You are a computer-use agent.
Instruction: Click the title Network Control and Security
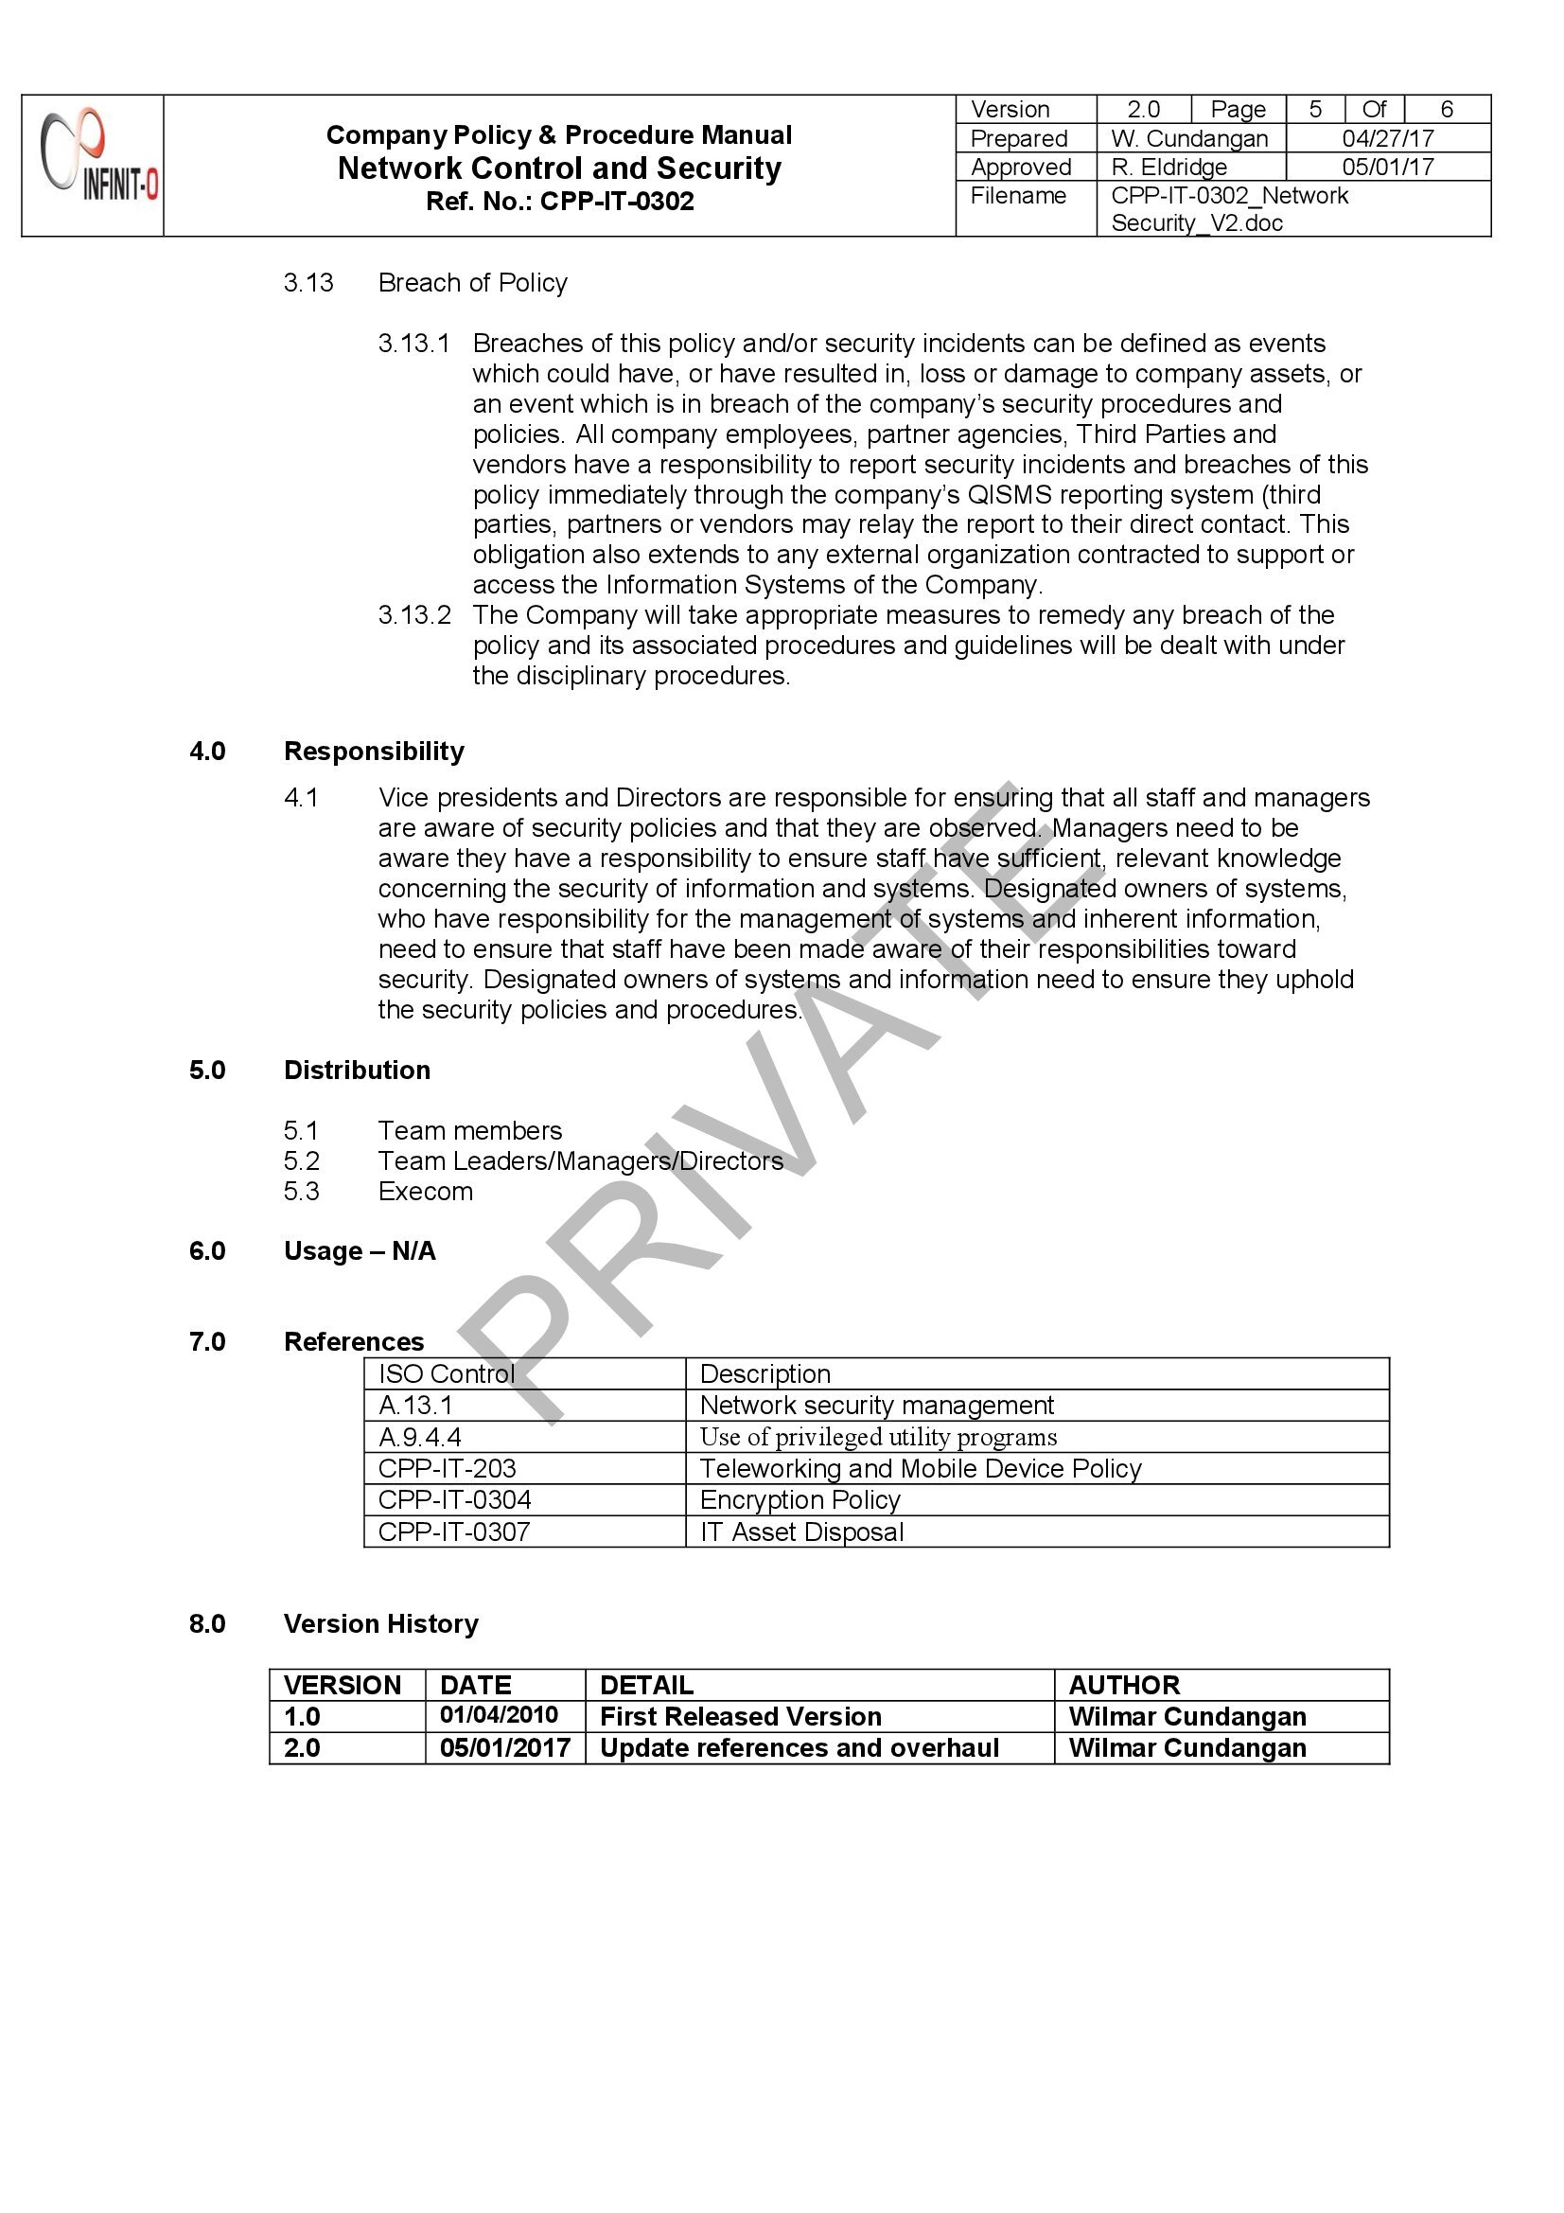559,168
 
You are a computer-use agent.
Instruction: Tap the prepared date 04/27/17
1388,139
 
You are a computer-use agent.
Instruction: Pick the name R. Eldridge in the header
1169,168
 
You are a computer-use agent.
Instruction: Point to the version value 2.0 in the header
1143,110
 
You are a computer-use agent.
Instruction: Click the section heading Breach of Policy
472,283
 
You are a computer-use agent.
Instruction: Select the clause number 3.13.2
414,615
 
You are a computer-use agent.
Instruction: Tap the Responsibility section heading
374,752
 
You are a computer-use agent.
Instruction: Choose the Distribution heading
357,1071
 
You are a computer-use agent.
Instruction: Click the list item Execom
425,1193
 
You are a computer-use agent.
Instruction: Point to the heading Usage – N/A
360,1252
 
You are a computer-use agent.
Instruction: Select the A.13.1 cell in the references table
415,1407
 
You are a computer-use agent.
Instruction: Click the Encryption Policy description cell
800,1500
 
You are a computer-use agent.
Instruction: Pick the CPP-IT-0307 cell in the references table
454,1532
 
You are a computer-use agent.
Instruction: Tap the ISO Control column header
447,1374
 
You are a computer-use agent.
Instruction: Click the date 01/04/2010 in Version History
500,1716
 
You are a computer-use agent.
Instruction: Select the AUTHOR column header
1124,1685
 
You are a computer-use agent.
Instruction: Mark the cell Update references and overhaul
799,1748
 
